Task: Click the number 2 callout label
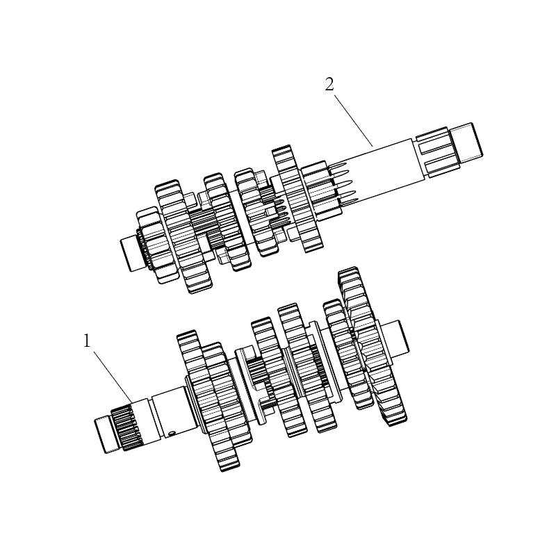329,85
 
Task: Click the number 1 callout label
87,341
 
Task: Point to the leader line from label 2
353,120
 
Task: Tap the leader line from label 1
113,377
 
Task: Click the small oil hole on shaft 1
172,433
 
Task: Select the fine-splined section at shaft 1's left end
127,428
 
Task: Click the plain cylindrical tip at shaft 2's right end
468,141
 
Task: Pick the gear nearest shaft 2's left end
156,245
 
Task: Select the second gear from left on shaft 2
183,236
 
